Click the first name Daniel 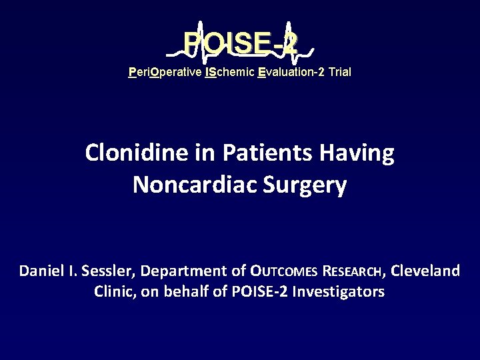click(41, 271)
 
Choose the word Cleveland click(425, 271)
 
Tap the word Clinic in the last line click(114, 291)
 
